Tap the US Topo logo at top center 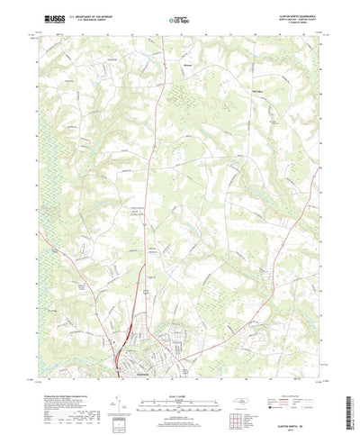(x=179, y=19)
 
